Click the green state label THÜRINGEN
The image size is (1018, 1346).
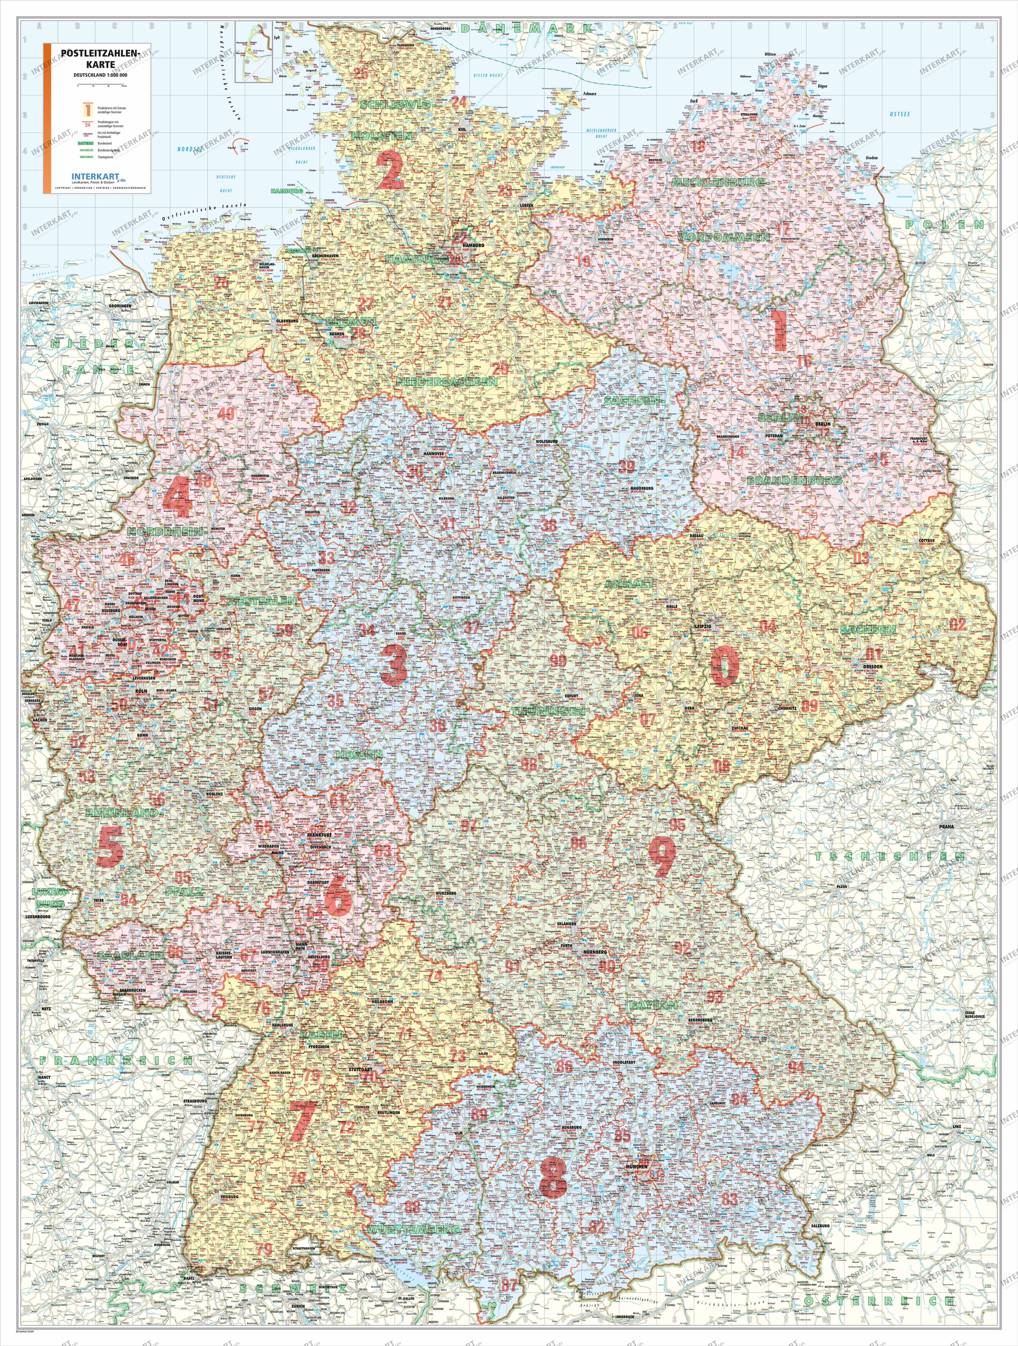(x=548, y=711)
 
